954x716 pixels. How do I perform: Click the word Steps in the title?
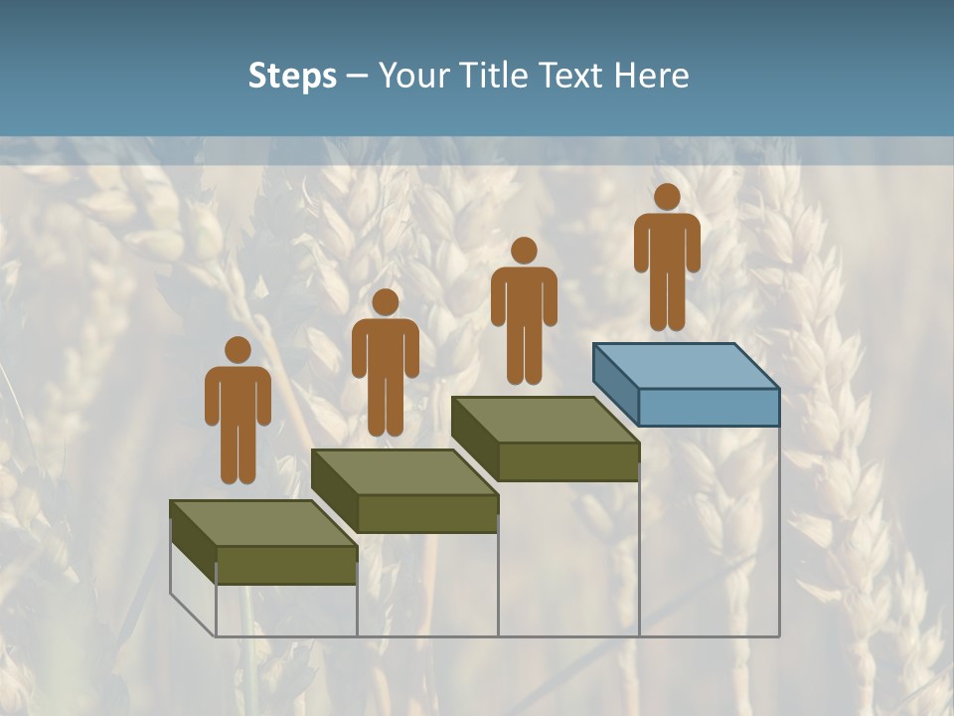point(292,76)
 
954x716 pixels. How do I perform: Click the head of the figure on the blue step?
point(667,197)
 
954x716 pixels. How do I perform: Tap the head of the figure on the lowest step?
point(238,350)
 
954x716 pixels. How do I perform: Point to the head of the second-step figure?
point(385,302)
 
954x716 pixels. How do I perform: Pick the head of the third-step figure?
point(524,251)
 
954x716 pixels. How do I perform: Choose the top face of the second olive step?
point(403,471)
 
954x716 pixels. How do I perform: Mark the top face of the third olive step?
point(545,420)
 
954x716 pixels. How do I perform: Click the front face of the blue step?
point(709,407)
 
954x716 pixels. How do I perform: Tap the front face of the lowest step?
point(286,565)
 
